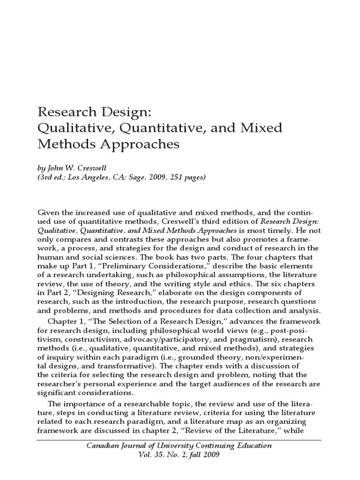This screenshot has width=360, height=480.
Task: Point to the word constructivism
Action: (x=93, y=338)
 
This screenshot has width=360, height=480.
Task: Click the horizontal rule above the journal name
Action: (x=180, y=440)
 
